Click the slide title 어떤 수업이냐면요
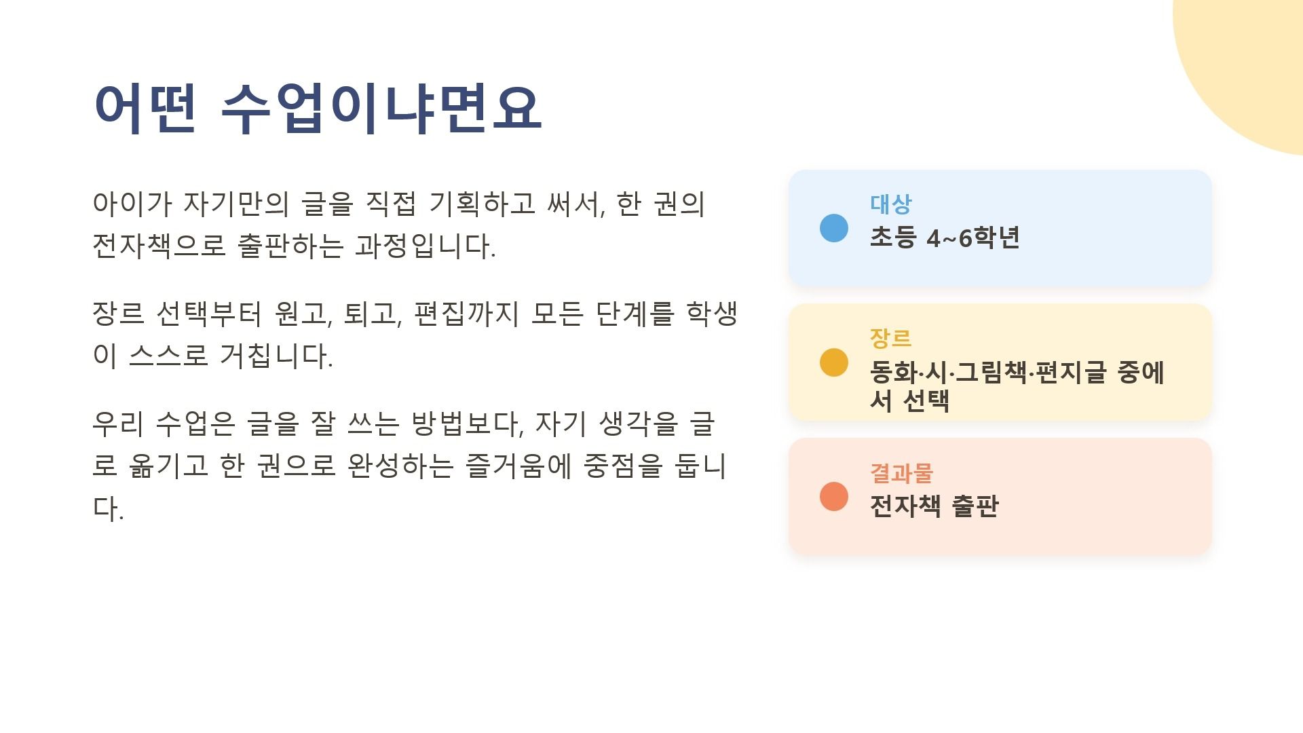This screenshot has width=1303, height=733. [x=318, y=109]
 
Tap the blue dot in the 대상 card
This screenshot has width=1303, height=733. [x=834, y=228]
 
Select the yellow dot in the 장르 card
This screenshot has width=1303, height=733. [x=834, y=362]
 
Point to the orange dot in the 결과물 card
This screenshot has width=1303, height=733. [x=834, y=496]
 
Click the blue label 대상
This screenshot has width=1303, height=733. [x=891, y=204]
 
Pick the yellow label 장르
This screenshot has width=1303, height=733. [x=891, y=338]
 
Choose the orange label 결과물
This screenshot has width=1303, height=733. [x=902, y=472]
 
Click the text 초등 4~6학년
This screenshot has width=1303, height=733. [x=945, y=238]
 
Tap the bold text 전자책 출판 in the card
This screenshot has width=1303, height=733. [x=934, y=506]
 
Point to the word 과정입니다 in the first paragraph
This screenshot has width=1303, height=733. [x=426, y=246]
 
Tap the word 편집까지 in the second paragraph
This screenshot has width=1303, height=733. [x=466, y=314]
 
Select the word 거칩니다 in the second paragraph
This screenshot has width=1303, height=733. [x=276, y=356]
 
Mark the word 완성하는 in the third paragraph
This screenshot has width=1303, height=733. [x=400, y=466]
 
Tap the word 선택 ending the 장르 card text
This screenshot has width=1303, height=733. [x=927, y=400]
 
